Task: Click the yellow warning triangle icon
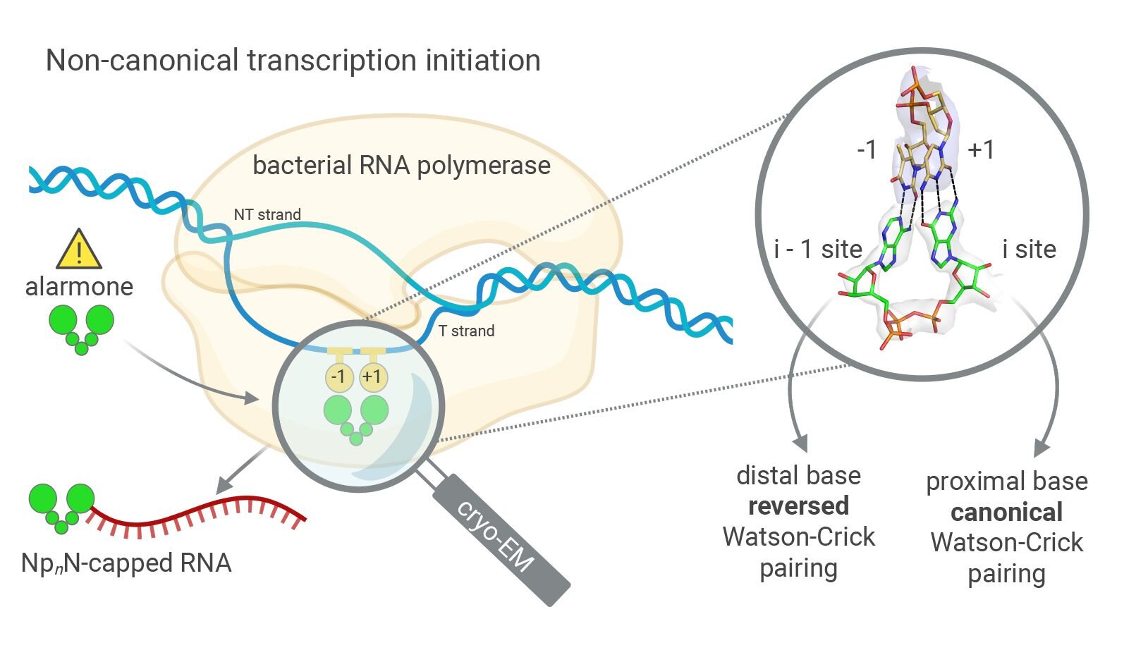click(x=79, y=251)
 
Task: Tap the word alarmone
click(x=79, y=286)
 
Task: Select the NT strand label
click(x=267, y=214)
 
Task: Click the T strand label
click(x=466, y=331)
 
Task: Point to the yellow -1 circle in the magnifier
click(x=339, y=377)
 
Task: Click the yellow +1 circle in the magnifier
click(x=372, y=377)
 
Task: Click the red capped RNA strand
click(x=197, y=518)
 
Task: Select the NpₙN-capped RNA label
click(x=126, y=563)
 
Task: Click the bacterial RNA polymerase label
click(x=401, y=165)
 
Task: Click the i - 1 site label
click(x=818, y=249)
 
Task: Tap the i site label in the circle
click(x=1029, y=249)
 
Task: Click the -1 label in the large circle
click(x=867, y=149)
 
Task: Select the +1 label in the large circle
click(x=981, y=149)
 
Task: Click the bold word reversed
click(x=798, y=506)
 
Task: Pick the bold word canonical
click(x=1006, y=512)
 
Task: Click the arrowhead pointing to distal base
click(x=800, y=443)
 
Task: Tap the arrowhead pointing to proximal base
click(x=1042, y=448)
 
